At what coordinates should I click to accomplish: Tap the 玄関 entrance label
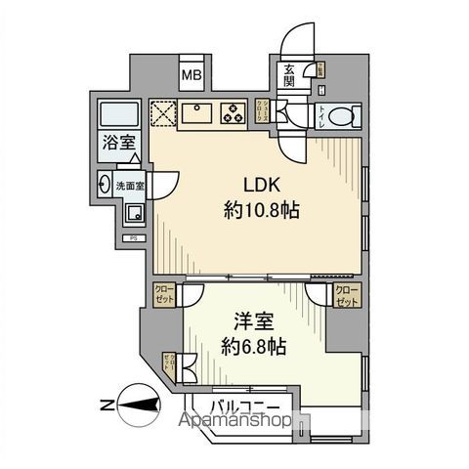[290, 74]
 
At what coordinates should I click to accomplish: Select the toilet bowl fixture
[340, 115]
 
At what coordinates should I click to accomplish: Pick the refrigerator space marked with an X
[161, 111]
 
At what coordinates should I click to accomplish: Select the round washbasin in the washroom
[105, 181]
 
